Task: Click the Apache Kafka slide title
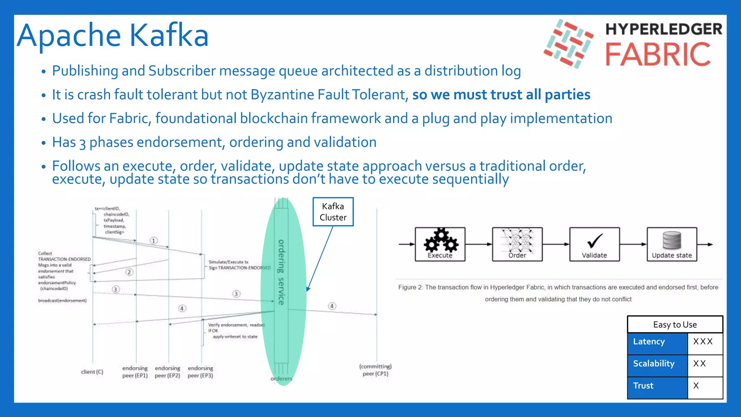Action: (113, 35)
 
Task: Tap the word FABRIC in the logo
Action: (658, 55)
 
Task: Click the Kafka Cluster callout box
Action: (333, 212)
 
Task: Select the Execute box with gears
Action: (440, 244)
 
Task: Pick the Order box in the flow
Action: (517, 244)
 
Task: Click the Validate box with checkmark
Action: (594, 244)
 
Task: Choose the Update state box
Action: (672, 244)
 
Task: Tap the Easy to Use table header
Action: (675, 325)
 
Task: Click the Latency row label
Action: (649, 342)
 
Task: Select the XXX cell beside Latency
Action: (703, 342)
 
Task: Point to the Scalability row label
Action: (654, 364)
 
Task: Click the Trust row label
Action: (643, 386)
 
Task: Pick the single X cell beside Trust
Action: (696, 386)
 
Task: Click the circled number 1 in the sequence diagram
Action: (154, 241)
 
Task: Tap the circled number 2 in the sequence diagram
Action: (129, 272)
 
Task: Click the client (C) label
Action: (92, 372)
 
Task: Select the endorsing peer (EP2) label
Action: (168, 372)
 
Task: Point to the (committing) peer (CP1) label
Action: (376, 370)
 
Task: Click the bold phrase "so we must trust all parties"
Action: (501, 95)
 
